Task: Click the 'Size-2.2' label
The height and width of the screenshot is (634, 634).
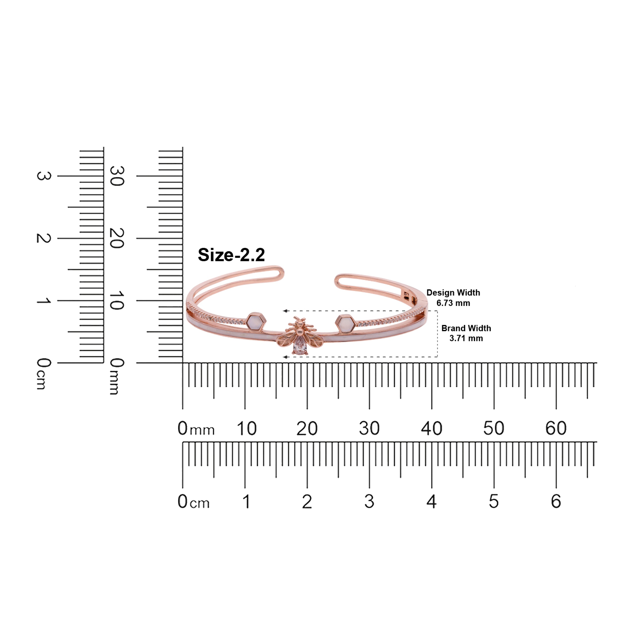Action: (231, 255)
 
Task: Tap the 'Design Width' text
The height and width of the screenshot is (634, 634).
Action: (453, 293)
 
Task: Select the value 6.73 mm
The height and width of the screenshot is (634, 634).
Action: (453, 303)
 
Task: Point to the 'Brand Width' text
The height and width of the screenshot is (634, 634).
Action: (466, 328)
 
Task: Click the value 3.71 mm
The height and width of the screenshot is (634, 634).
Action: (466, 338)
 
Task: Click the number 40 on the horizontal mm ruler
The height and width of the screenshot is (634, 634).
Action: (432, 428)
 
